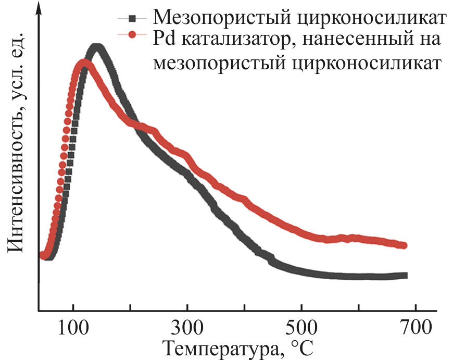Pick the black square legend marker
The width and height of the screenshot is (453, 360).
click(x=132, y=19)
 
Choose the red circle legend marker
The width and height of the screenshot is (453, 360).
click(x=132, y=35)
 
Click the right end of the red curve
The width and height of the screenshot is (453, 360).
click(x=404, y=245)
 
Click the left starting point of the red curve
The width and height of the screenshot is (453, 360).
click(x=43, y=255)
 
